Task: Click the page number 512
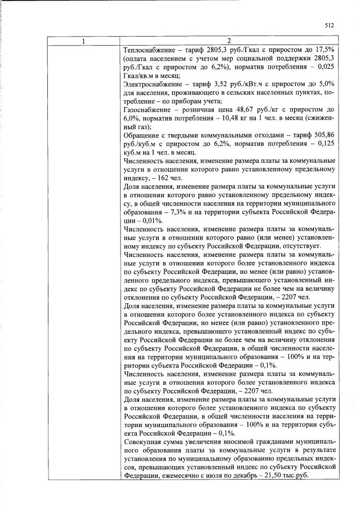coord(330,25)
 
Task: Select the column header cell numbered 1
coord(83,41)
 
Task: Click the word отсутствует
coord(305,246)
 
